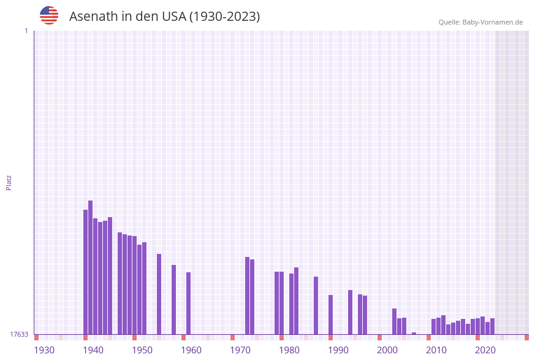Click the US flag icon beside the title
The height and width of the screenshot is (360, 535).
pos(49,15)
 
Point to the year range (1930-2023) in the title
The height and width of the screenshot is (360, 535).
pos(224,17)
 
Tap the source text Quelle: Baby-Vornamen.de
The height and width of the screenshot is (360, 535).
pos(480,22)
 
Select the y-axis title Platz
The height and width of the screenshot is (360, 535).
pos(9,182)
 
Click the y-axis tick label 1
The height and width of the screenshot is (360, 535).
pos(26,31)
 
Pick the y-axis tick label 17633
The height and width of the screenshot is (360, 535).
pos(19,334)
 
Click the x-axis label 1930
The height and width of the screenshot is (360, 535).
pos(44,350)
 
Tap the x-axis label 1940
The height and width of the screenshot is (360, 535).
pos(93,350)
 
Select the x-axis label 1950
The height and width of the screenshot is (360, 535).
pos(142,350)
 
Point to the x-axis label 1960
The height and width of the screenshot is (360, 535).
pos(191,350)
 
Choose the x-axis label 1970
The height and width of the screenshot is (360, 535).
pos(240,350)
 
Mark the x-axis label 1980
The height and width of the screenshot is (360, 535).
pos(289,350)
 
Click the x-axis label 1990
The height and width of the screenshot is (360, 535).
pos(338,350)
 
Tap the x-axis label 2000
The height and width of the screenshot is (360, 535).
pos(387,350)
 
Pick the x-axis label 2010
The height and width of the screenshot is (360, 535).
pos(436,350)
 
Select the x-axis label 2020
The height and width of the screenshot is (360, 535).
pos(485,350)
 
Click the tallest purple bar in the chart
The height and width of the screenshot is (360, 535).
pos(90,267)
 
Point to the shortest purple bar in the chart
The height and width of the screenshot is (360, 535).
pos(414,333)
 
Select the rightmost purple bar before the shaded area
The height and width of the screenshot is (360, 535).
pos(492,326)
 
